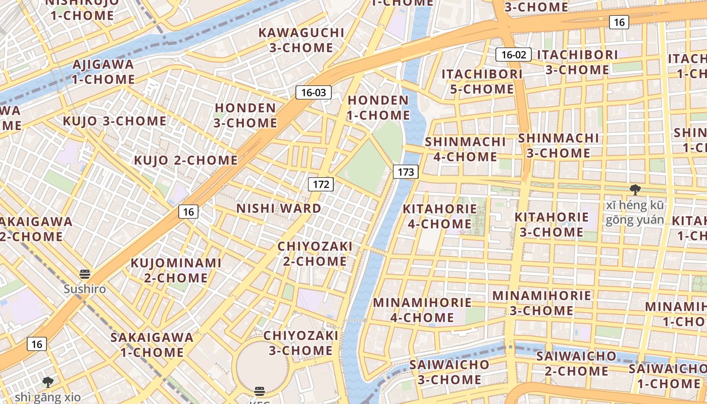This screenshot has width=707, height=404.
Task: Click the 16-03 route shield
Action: click(314, 92)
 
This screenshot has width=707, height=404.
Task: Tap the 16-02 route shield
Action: click(513, 55)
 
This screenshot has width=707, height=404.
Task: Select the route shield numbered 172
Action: click(321, 184)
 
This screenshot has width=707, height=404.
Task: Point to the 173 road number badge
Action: click(406, 172)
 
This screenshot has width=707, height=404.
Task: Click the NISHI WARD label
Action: click(279, 208)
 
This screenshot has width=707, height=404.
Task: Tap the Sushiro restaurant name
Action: click(85, 289)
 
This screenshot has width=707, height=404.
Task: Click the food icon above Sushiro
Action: click(85, 274)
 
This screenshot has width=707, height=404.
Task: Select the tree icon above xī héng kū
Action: click(635, 190)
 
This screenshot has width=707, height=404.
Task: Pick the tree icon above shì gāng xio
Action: click(48, 382)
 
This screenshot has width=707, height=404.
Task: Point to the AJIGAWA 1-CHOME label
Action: click(104, 72)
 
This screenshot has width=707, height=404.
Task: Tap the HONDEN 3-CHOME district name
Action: click(246, 115)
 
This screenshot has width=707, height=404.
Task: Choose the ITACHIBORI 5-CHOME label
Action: click(482, 81)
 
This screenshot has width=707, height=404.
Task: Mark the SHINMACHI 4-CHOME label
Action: click(465, 149)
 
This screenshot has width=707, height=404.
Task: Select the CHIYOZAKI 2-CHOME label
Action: click(315, 254)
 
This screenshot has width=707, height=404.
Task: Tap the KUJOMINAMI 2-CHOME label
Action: click(176, 270)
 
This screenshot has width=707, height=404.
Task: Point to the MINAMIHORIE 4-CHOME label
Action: click(422, 310)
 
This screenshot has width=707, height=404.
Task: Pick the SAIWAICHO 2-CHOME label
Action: click(577, 364)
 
